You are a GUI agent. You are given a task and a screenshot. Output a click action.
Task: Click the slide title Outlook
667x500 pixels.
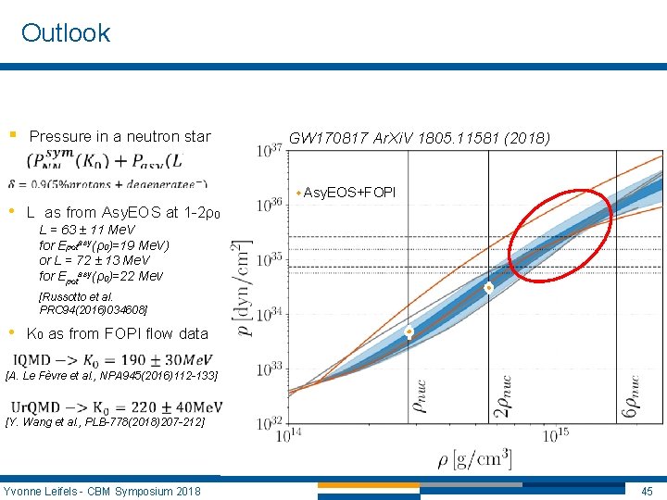(x=65, y=33)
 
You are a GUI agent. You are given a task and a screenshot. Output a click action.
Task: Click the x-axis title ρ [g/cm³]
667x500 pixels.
(x=473, y=458)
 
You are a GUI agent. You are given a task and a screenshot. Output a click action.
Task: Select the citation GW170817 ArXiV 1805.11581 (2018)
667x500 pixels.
(x=419, y=138)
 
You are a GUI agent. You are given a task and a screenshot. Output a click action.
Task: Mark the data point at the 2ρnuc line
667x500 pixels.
(x=489, y=288)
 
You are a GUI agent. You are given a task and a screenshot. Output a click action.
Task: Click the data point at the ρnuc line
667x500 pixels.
(x=409, y=331)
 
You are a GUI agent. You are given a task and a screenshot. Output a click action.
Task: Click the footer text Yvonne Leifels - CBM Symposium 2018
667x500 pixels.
(x=102, y=490)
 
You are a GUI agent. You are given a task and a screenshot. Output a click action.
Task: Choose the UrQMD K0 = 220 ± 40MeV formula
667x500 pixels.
(x=118, y=406)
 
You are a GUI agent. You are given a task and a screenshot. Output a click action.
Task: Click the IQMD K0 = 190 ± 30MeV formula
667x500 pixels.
(x=118, y=359)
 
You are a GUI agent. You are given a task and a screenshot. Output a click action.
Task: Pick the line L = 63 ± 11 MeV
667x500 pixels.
(x=87, y=229)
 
